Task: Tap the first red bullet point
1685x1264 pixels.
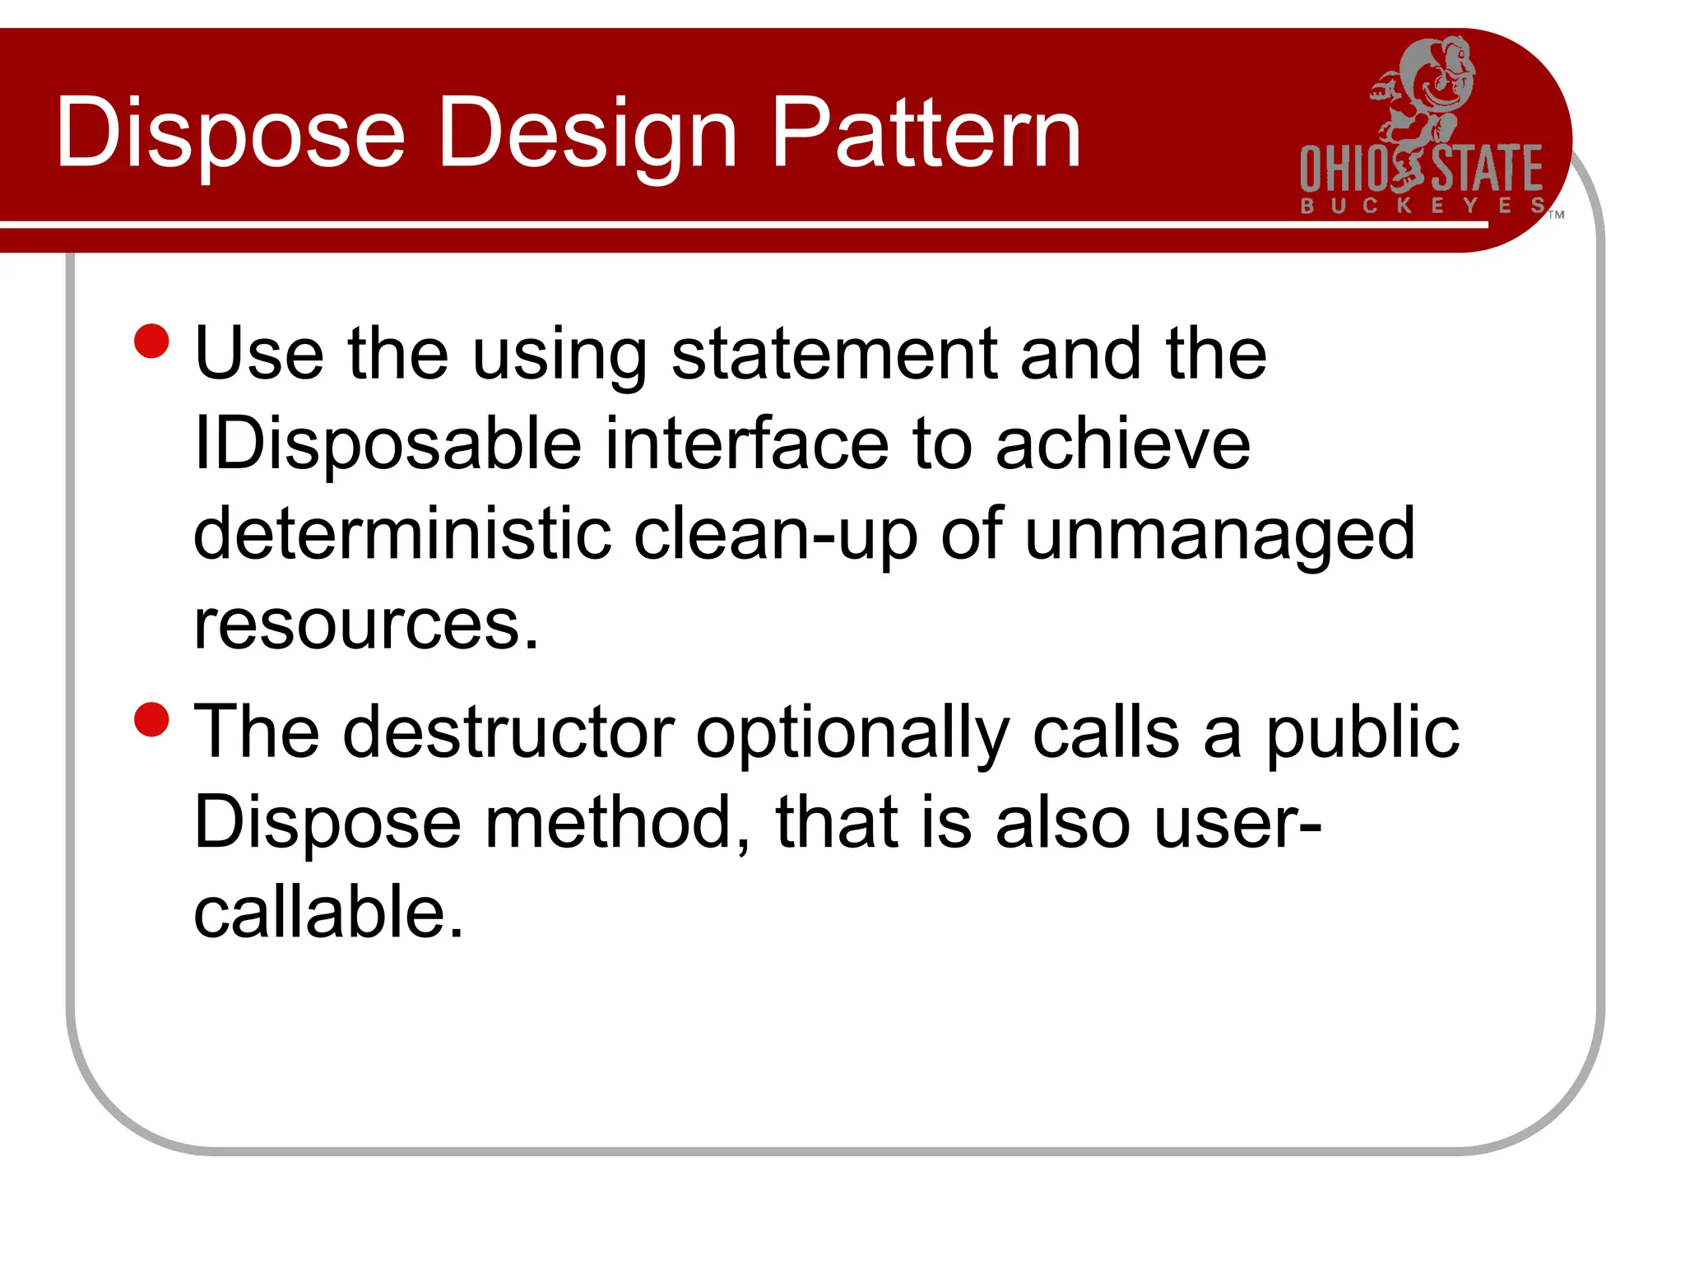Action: [151, 341]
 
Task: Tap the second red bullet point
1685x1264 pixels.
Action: [151, 719]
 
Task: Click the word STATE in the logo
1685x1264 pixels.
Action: [1488, 170]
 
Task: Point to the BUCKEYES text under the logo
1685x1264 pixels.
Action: [1423, 206]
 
